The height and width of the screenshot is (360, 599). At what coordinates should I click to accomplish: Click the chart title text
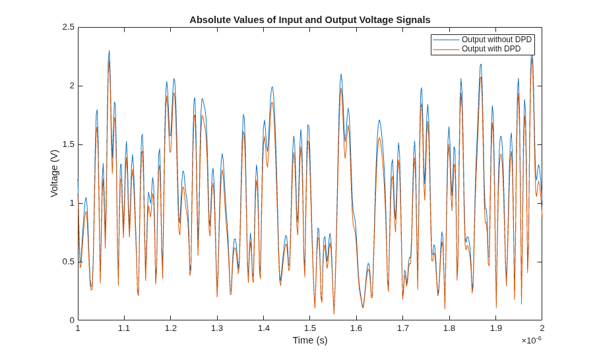tap(310, 20)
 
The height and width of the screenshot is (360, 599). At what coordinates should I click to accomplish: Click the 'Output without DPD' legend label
tap(497, 40)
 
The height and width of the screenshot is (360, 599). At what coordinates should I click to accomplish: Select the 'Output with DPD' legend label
tap(491, 49)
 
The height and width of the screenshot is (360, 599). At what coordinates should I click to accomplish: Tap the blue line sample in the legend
tap(446, 40)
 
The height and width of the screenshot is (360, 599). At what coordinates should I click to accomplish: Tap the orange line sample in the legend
tap(446, 49)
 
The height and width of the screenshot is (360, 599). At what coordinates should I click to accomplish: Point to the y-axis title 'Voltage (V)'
tap(55, 173)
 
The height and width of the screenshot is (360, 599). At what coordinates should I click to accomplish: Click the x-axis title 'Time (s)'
tap(310, 340)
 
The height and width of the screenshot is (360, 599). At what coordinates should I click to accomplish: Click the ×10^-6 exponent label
tap(532, 340)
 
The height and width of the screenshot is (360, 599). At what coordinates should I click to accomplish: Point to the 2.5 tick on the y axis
tap(69, 28)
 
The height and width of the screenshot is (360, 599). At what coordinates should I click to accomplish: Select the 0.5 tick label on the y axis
tap(69, 262)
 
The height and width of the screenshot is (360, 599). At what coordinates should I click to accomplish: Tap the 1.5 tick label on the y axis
tap(69, 144)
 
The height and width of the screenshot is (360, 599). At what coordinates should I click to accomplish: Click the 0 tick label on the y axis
tap(72, 320)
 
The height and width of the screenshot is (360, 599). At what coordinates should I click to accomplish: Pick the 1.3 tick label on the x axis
tap(217, 328)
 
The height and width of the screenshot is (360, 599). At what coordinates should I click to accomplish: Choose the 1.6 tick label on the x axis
tap(356, 328)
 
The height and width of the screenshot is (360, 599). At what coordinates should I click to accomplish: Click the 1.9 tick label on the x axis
tap(495, 328)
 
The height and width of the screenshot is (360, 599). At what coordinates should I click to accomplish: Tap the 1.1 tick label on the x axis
tap(124, 328)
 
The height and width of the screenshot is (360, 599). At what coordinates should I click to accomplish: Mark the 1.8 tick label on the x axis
tap(449, 328)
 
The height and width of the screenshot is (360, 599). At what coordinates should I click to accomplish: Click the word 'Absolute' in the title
tap(207, 20)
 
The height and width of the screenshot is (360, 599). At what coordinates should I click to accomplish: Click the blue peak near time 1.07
tap(110, 51)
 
